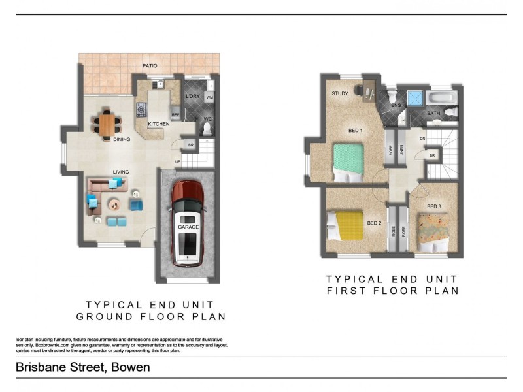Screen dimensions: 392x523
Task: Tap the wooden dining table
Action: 107,124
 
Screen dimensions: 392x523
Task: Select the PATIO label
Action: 151,66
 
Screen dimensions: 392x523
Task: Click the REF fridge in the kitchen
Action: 175,114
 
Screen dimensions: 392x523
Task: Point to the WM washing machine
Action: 209,97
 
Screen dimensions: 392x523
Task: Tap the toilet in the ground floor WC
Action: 208,129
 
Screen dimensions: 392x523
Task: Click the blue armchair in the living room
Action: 137,204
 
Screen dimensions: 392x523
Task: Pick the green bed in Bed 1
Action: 348,161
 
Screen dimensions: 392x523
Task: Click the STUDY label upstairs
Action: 340,93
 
